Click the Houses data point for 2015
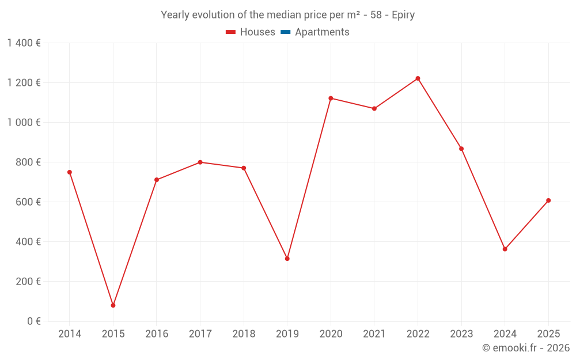[113, 305]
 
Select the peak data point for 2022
[418, 78]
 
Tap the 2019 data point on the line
[287, 259]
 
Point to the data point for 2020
[331, 98]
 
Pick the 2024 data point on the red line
[505, 249]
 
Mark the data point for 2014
[70, 172]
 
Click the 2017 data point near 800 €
[200, 162]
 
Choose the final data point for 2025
[548, 200]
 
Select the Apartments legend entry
[322, 32]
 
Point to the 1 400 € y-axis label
[24, 43]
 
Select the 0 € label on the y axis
[32, 321]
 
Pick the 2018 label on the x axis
[244, 334]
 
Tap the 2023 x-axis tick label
[461, 334]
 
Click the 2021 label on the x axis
[374, 334]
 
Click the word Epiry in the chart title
[403, 15]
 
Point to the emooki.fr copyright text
[525, 348]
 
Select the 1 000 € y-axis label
[24, 123]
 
